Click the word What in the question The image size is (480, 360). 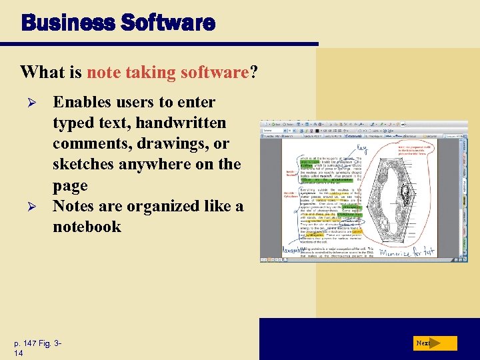pyautogui.click(x=39, y=72)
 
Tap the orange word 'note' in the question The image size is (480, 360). pyautogui.click(x=102, y=72)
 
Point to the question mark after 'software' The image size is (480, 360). pyautogui.click(x=253, y=72)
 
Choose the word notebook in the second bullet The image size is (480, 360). pyautogui.click(x=87, y=227)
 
